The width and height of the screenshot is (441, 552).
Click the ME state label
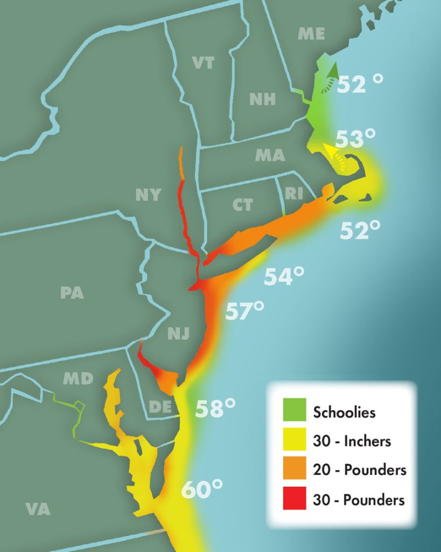tap(311, 34)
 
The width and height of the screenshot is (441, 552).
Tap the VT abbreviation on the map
tap(203, 63)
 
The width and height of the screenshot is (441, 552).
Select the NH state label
tap(262, 99)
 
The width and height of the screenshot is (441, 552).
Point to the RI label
tap(293, 194)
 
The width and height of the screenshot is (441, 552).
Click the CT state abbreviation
tap(242, 205)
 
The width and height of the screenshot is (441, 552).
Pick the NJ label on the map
tap(178, 334)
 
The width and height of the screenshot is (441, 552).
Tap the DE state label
tap(160, 406)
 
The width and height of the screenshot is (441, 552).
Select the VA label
tap(38, 509)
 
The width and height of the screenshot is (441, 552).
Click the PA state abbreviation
tap(72, 293)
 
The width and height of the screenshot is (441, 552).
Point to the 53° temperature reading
tap(355, 139)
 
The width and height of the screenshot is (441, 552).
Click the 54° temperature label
tap(284, 277)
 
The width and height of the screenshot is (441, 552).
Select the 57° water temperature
tap(245, 311)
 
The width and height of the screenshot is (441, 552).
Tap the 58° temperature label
tap(215, 408)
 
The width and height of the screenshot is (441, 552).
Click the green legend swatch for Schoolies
tap(293, 412)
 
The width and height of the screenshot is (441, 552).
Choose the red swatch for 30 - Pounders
tap(293, 499)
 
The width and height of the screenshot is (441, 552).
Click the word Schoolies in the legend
tap(344, 413)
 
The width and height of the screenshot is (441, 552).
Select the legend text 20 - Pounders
tap(359, 470)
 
